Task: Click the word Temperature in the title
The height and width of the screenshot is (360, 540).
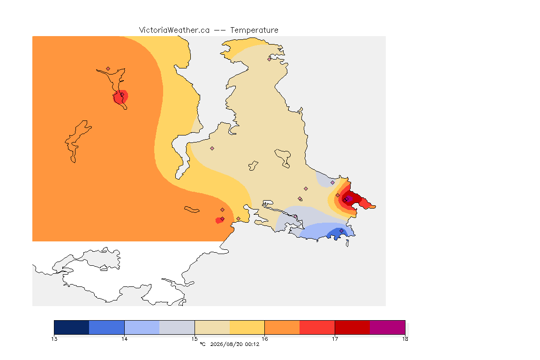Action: pos(254,30)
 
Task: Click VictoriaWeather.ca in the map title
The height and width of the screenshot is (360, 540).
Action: pos(174,30)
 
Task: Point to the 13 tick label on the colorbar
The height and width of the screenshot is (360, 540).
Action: pos(54,339)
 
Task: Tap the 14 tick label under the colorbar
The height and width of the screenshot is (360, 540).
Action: pos(124,339)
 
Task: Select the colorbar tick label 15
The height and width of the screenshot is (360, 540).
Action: pos(195,339)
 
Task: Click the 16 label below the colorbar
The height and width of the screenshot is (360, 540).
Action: pos(264,339)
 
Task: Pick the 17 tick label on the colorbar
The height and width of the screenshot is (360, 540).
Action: pos(335,339)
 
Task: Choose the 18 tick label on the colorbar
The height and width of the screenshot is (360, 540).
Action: pos(405,339)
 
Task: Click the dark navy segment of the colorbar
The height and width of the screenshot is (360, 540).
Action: pos(72,327)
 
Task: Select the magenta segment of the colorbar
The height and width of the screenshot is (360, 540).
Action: pos(388,327)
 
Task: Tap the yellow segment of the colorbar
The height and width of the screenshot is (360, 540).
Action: pos(247,327)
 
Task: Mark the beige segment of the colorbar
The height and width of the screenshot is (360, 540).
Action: pos(212,327)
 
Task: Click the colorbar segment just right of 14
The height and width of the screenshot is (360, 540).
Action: pos(142,327)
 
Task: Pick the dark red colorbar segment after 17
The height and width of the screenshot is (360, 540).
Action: pos(352,327)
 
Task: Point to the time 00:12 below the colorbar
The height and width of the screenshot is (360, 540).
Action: pos(252,344)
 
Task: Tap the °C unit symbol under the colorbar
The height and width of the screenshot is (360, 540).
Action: pos(202,344)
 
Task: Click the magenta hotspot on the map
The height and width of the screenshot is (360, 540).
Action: pos(349,198)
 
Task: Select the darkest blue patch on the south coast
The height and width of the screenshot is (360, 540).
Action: pos(335,234)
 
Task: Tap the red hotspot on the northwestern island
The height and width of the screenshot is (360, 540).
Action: pos(120,97)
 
